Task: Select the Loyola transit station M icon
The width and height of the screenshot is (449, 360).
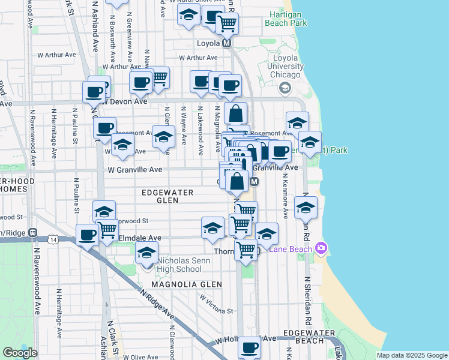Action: (x=227, y=43)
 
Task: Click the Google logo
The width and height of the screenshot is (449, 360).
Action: (x=20, y=353)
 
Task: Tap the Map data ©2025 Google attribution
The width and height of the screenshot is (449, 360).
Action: (x=411, y=355)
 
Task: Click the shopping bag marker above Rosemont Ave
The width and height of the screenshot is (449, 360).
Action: (x=237, y=113)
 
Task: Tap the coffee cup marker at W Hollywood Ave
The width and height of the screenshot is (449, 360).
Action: (x=250, y=347)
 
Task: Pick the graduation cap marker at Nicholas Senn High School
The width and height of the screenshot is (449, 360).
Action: (x=146, y=254)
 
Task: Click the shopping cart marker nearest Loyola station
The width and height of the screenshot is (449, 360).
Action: (x=227, y=24)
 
